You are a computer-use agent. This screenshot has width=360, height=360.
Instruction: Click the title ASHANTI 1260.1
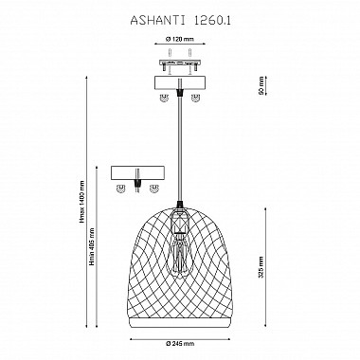[x=180, y=21]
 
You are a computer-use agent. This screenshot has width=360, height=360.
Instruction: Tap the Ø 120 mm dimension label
[x=179, y=40]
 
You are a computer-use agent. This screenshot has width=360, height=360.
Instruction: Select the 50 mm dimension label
[x=261, y=85]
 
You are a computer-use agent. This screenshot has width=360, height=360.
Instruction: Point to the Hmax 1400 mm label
[x=82, y=202]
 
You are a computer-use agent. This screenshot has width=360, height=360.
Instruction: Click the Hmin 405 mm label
[x=92, y=246]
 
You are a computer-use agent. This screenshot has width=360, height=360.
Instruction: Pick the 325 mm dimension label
[x=261, y=267]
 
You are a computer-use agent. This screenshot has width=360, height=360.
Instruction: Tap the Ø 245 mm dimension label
[x=180, y=344]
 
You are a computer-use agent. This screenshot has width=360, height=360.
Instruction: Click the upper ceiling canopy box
[x=180, y=82]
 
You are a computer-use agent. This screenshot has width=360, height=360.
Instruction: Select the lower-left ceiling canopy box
[x=138, y=173]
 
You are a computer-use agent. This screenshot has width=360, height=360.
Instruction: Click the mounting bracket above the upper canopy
[x=180, y=65]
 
